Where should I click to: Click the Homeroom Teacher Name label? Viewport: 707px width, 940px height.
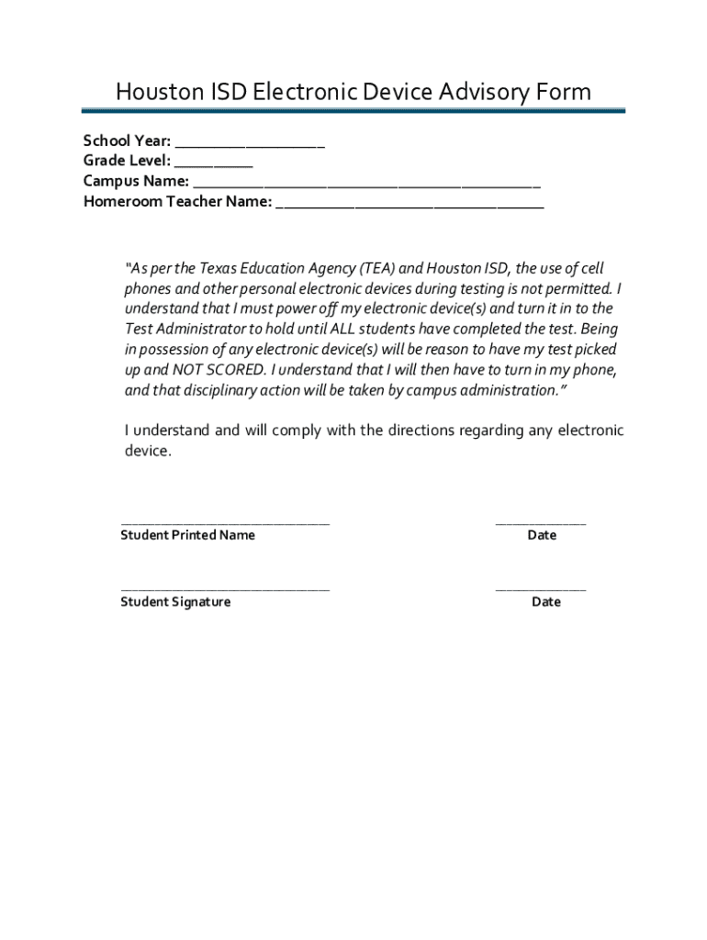[x=177, y=201]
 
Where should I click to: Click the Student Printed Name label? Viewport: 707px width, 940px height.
[x=187, y=535]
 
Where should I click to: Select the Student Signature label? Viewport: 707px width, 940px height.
[x=175, y=602]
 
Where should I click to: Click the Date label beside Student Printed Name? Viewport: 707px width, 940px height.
[x=542, y=535]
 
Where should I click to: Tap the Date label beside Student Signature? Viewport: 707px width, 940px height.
[x=545, y=602]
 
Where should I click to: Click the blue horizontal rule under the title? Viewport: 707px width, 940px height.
[x=353, y=111]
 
